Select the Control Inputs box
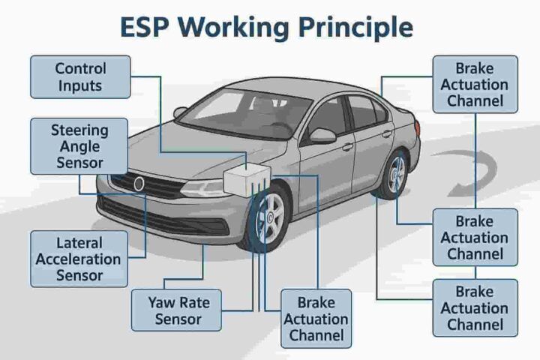click(80, 77)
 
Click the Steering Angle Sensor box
click(79, 146)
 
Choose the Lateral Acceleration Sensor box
click(79, 259)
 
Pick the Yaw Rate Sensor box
click(177, 310)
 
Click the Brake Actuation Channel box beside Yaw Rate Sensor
click(316, 319)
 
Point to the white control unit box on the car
click(247, 180)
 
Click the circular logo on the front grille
click(139, 184)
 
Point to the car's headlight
click(205, 188)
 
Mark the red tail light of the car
click(417, 127)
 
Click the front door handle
click(347, 147)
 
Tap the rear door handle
click(387, 133)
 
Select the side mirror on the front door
click(322, 136)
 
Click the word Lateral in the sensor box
click(79, 243)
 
